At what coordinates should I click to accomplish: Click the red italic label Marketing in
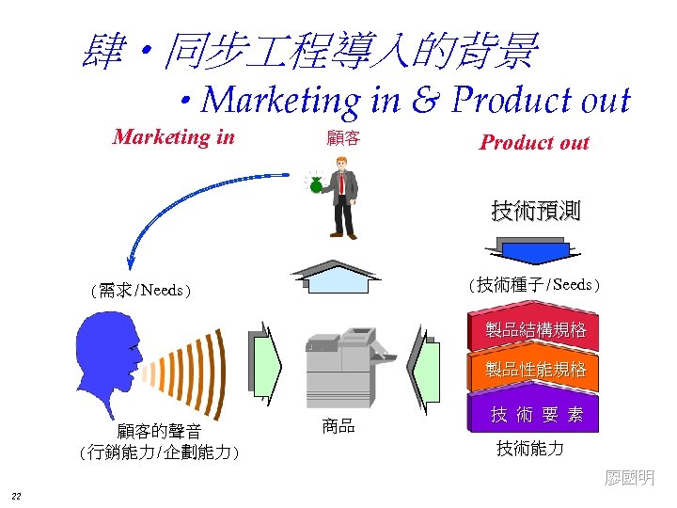173,137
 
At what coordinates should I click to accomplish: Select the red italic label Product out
534,143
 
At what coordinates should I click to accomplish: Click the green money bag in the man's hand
316,185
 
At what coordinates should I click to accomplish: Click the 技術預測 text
535,211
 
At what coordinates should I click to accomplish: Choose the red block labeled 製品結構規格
535,330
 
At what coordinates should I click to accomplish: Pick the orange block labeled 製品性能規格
535,369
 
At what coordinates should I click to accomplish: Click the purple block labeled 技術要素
535,413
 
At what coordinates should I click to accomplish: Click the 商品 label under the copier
338,426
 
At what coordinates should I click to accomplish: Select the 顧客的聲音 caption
159,432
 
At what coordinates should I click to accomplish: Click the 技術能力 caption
530,449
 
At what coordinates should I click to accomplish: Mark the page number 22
17,496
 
